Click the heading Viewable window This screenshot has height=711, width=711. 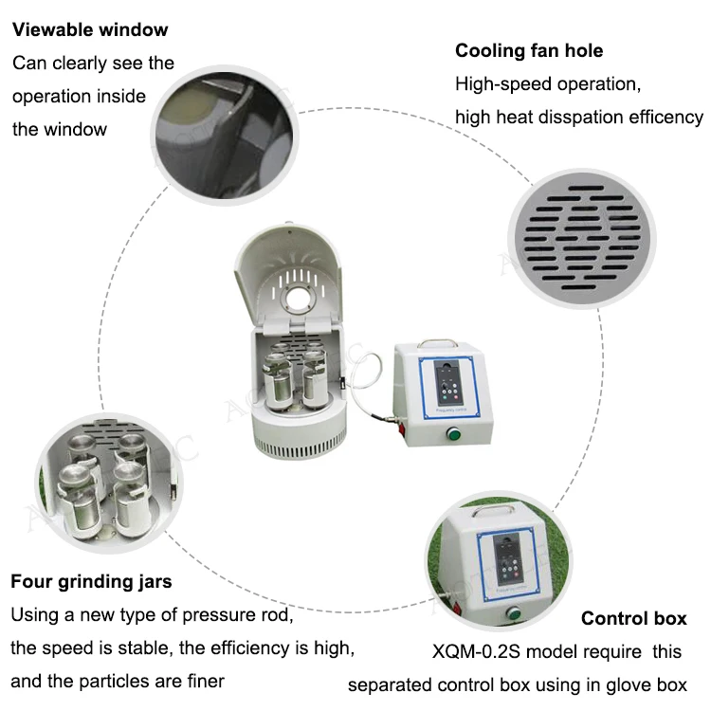click(x=90, y=30)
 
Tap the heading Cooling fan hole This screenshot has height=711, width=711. click(x=529, y=51)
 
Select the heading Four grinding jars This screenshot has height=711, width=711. click(x=91, y=582)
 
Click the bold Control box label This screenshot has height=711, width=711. click(x=634, y=618)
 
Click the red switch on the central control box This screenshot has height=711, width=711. click(x=402, y=428)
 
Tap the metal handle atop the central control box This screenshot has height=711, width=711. click(x=437, y=342)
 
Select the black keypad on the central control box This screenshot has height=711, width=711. click(x=449, y=382)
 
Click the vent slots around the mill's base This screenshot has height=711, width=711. click(x=300, y=447)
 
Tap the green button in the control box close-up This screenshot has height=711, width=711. click(x=513, y=613)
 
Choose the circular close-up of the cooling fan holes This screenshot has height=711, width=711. click(x=582, y=238)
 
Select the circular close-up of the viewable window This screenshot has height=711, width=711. click(x=225, y=136)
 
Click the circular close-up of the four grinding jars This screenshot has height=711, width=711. click(x=109, y=483)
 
